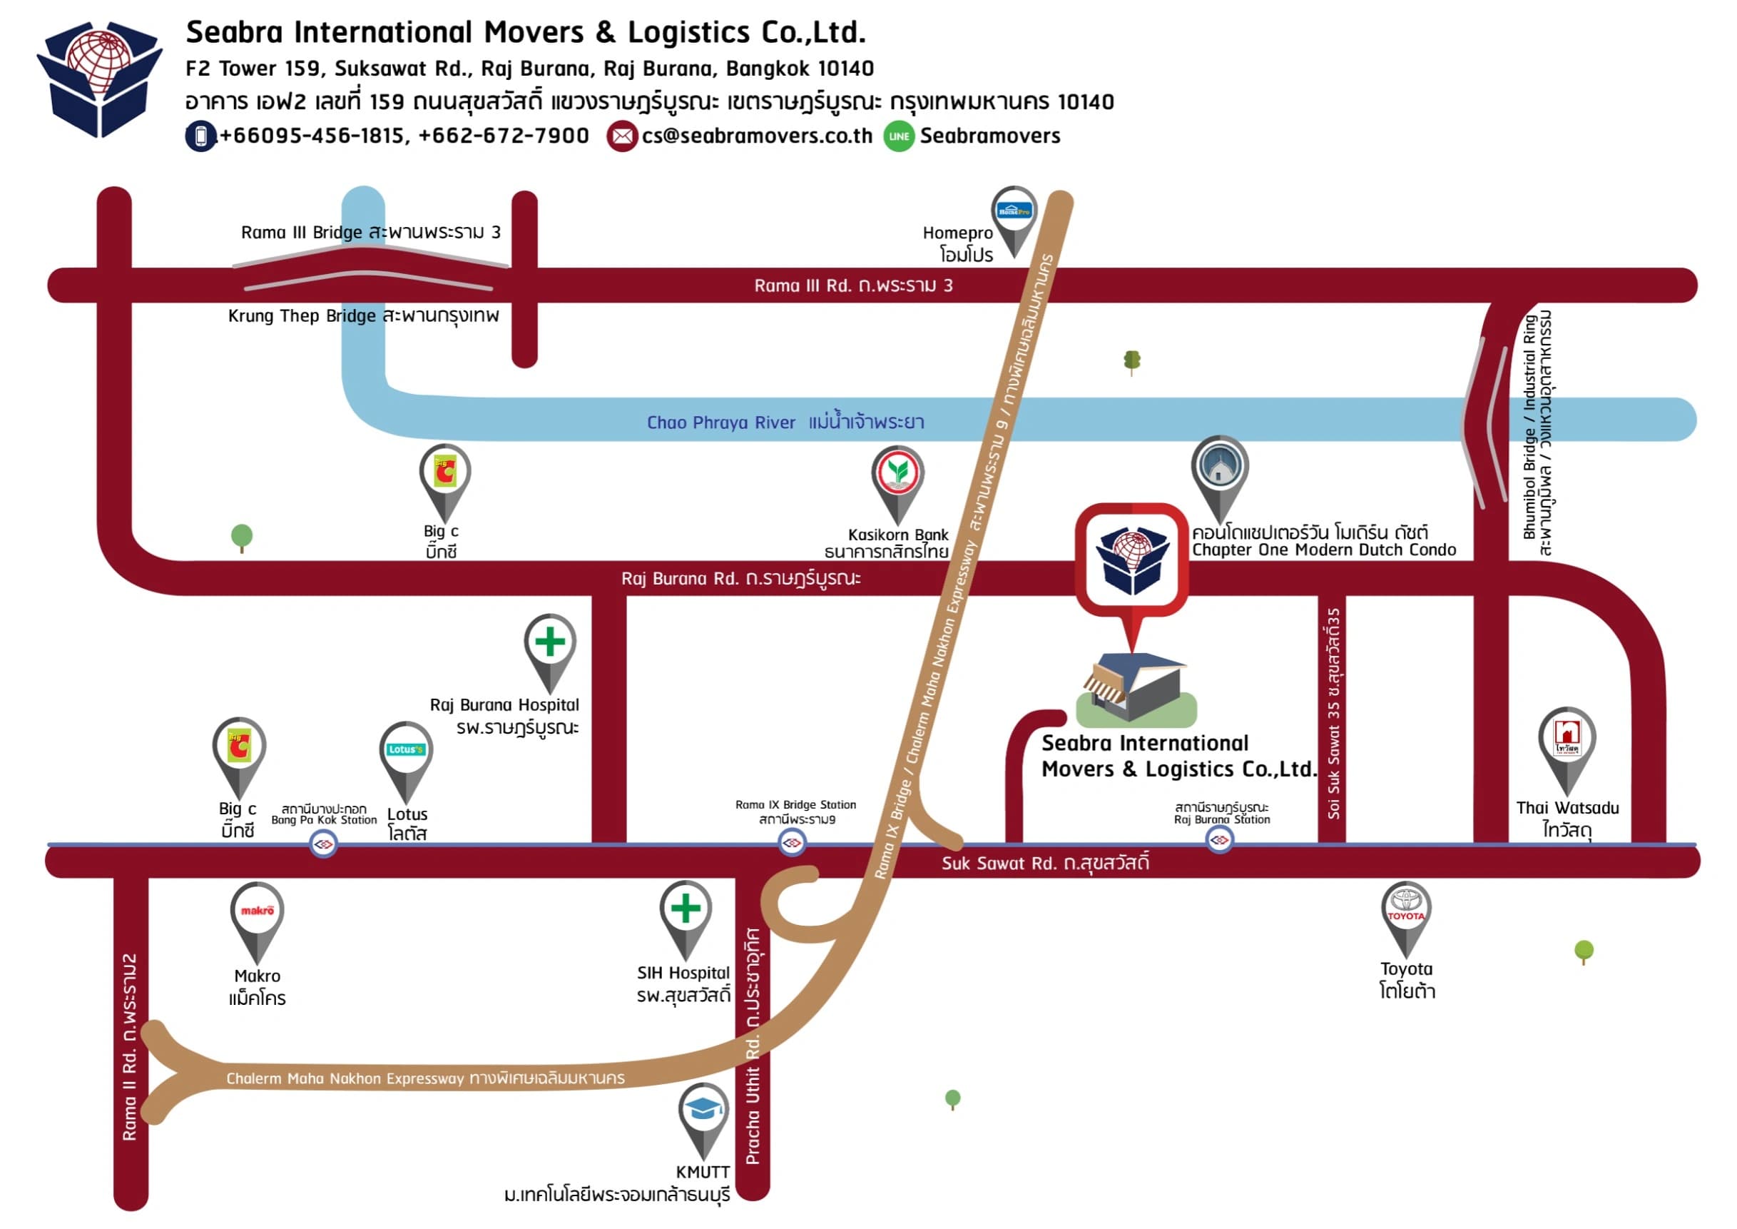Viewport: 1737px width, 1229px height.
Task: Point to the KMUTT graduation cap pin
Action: coord(703,1113)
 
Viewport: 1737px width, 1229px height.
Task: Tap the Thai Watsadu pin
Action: coord(1567,739)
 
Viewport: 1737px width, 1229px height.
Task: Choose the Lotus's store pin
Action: coord(407,752)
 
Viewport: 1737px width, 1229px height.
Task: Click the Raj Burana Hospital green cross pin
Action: coord(550,643)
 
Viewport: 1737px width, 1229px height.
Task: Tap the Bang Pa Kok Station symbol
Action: coord(324,844)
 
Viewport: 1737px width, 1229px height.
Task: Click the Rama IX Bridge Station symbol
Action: coord(792,843)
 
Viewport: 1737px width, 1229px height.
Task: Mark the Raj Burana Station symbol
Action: coord(1220,841)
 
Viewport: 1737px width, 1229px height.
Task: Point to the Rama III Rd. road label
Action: coord(853,286)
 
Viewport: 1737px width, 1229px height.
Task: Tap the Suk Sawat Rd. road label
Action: coord(1046,864)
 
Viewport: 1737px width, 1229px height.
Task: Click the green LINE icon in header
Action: coord(899,136)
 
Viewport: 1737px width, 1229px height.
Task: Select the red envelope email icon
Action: coord(622,136)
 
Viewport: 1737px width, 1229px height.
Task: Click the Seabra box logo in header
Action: coord(99,79)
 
